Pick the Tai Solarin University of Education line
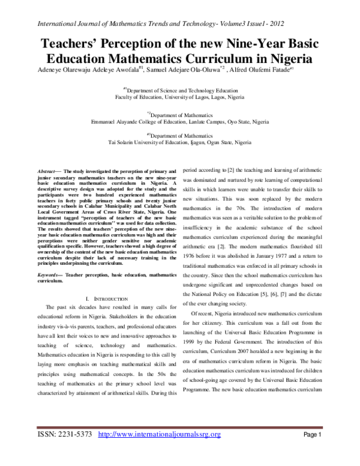tap(179, 143)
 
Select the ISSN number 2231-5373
tap(69, 434)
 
